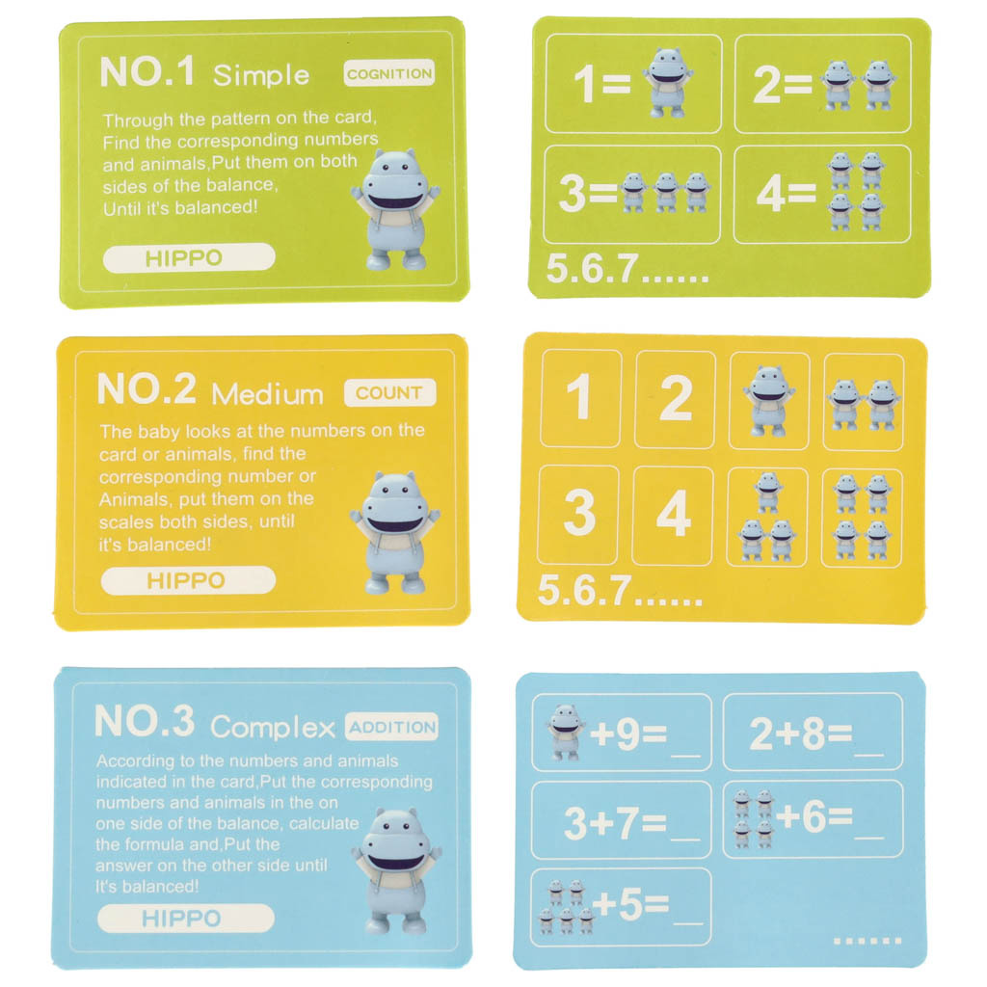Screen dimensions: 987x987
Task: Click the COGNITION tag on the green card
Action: (389, 73)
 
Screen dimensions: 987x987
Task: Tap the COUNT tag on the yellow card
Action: (389, 393)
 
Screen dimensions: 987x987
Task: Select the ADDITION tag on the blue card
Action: (392, 727)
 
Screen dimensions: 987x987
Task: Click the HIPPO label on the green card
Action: (189, 258)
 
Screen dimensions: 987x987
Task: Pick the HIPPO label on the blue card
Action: (186, 919)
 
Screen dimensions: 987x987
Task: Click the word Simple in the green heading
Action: (261, 75)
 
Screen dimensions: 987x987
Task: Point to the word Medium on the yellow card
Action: (268, 394)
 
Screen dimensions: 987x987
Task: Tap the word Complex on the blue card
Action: (273, 728)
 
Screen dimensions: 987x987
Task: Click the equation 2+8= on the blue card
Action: (801, 734)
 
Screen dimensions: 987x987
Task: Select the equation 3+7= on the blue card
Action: (615, 822)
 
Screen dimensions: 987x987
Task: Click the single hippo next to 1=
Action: (668, 83)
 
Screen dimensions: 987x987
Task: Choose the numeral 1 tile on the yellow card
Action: (580, 398)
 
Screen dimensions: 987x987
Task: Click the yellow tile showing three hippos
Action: (767, 517)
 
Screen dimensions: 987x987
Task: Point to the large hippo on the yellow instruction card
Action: (395, 532)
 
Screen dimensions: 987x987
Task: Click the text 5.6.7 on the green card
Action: (593, 269)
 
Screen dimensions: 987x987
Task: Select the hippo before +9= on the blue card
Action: (565, 733)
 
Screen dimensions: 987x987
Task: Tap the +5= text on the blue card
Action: (630, 904)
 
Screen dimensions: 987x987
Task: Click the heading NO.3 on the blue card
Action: (145, 721)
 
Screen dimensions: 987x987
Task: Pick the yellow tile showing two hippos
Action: (863, 402)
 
